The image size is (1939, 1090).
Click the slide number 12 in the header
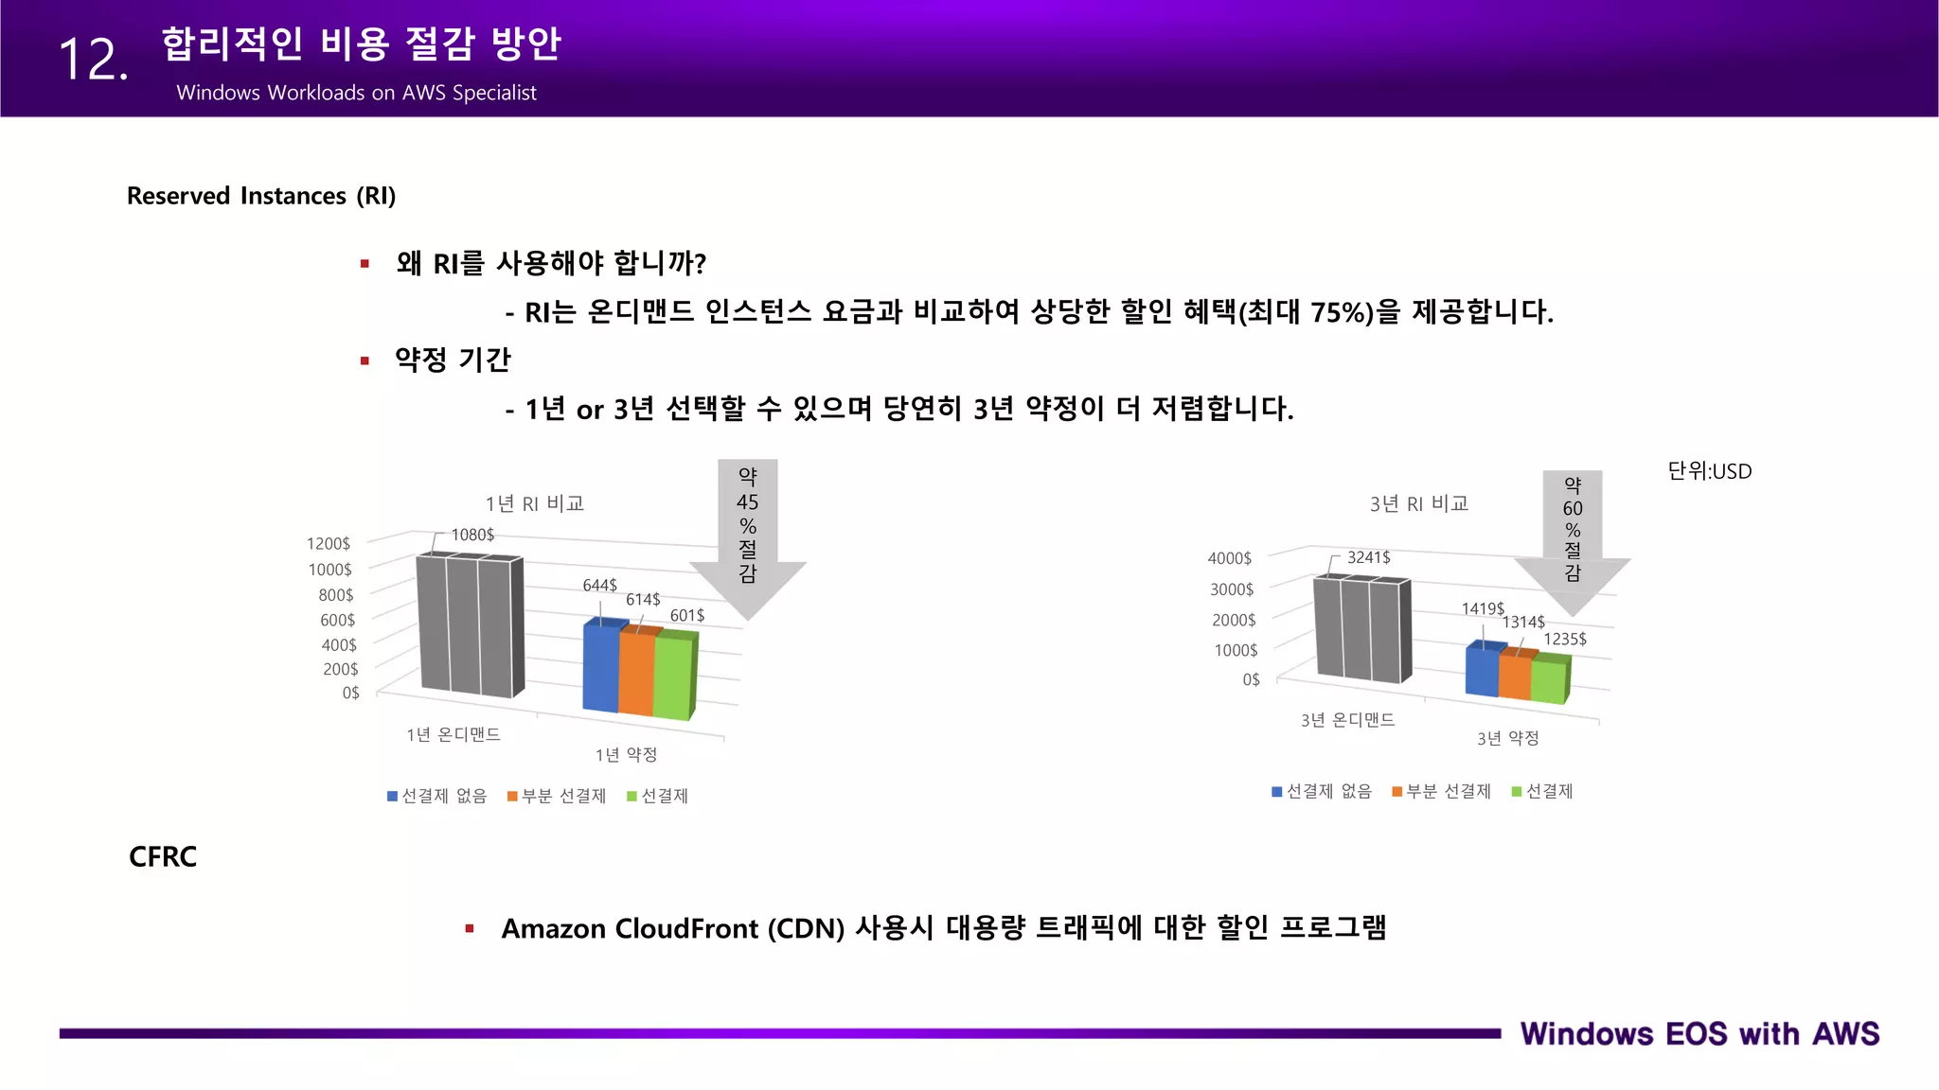point(93,61)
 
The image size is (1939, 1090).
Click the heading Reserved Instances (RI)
point(261,196)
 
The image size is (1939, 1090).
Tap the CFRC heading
point(163,856)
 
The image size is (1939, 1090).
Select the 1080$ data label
point(472,535)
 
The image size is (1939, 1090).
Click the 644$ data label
point(599,586)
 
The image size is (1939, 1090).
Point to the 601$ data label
point(687,616)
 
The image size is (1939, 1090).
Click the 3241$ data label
point(1369,557)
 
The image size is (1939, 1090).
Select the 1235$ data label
point(1565,640)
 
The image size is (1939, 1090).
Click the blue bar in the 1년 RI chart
point(601,667)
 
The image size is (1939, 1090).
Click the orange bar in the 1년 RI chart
point(636,674)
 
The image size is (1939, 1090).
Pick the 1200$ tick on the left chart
point(329,544)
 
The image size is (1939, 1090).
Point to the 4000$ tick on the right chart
point(1230,559)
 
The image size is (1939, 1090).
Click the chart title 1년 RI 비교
point(535,503)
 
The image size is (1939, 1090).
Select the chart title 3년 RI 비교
point(1419,503)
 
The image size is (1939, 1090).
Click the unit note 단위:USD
point(1710,471)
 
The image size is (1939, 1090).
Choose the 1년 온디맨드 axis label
point(454,734)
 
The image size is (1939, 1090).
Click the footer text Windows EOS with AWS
point(1699,1034)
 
